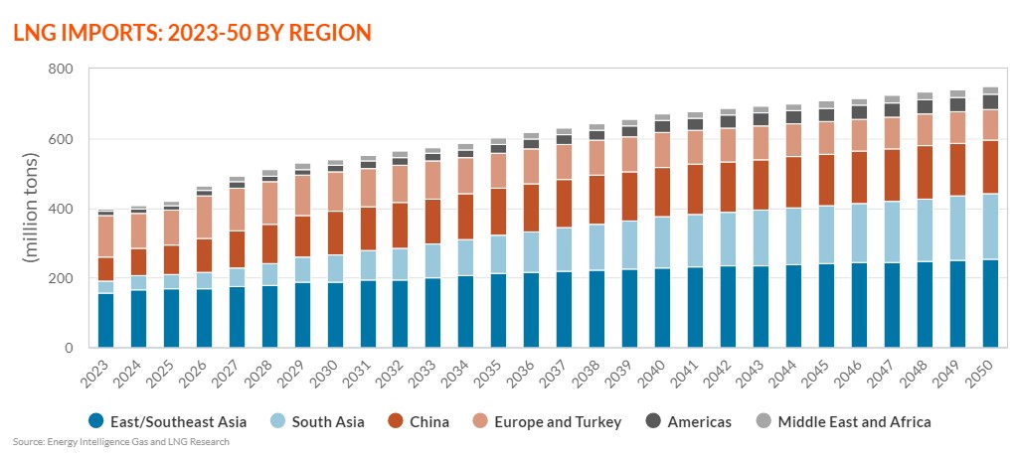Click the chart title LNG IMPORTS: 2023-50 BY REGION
192,32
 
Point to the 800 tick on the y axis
61,70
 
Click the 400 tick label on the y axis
61,209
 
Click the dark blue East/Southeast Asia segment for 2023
105,321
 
